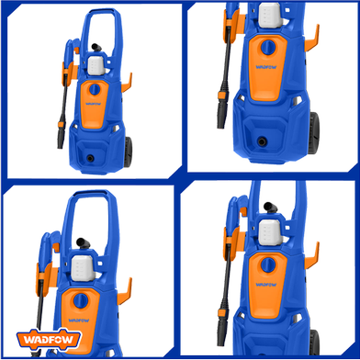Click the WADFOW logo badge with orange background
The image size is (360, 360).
coord(49,340)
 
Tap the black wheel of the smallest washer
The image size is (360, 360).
coord(128,152)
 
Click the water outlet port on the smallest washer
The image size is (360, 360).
coord(90,158)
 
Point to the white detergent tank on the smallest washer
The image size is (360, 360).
coord(96,66)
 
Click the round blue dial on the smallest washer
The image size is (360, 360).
coord(95,89)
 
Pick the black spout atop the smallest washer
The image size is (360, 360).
coord(96,48)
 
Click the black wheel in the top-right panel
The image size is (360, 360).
coord(313,133)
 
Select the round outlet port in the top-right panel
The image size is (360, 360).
coord(262,141)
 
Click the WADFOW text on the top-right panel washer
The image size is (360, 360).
coord(265,67)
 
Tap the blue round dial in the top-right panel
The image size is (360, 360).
coord(268,48)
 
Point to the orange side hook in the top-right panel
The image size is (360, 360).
coord(312,39)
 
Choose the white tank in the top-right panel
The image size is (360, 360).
coord(271,15)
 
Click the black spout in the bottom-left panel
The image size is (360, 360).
coord(83,243)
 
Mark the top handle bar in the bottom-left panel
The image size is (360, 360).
coord(90,194)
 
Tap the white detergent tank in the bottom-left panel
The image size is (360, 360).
coord(83,268)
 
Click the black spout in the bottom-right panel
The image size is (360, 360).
coord(270,208)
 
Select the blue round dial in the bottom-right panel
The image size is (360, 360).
coord(268,265)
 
